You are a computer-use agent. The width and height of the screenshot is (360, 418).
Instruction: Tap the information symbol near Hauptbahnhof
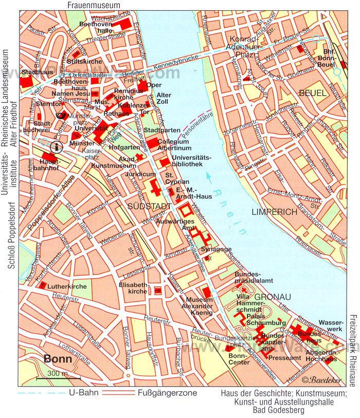[x=56, y=147]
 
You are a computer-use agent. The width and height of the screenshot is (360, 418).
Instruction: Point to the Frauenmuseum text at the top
[x=94, y=5]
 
